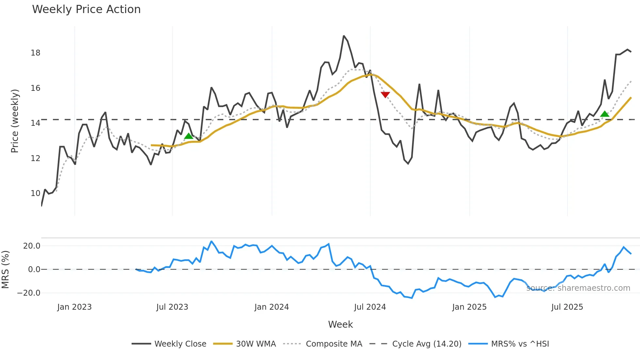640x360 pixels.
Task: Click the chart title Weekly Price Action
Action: tap(86, 9)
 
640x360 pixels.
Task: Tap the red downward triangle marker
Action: tap(385, 95)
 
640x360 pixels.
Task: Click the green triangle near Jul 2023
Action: tap(189, 136)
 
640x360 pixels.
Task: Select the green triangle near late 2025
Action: tap(605, 114)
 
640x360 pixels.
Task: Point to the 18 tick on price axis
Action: tap(36, 53)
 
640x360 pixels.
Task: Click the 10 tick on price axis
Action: tap(36, 193)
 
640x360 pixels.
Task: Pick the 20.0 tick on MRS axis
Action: tap(32, 246)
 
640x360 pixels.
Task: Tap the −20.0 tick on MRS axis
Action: tap(29, 293)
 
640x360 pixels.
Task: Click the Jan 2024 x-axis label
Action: tap(272, 307)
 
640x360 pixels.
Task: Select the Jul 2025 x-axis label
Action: tap(567, 307)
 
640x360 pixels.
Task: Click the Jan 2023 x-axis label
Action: tap(74, 307)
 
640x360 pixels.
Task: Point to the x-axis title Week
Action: tap(340, 324)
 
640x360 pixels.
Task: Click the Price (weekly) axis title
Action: tap(15, 121)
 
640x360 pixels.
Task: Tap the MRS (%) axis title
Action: tap(5, 270)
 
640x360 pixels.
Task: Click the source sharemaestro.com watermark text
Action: tap(578, 288)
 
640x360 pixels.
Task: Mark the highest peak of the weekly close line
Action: tap(344, 36)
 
